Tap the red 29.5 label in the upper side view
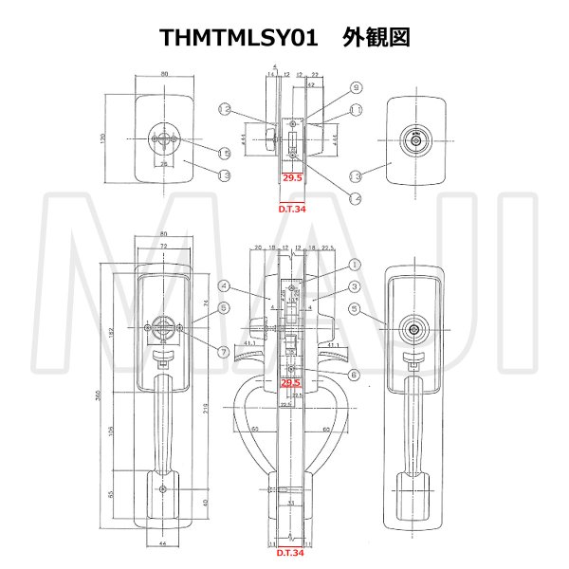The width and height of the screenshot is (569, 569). click(x=293, y=176)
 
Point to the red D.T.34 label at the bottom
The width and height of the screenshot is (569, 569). click(x=291, y=552)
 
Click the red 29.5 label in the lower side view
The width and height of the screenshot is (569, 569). click(x=292, y=383)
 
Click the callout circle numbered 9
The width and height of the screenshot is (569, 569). click(x=329, y=88)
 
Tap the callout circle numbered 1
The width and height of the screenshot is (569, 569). click(x=328, y=265)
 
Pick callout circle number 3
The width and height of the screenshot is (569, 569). click(x=353, y=285)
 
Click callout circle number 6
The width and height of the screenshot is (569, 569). click(x=328, y=376)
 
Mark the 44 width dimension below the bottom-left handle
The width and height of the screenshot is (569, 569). click(x=165, y=543)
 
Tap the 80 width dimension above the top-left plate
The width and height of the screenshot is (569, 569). click(x=165, y=73)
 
